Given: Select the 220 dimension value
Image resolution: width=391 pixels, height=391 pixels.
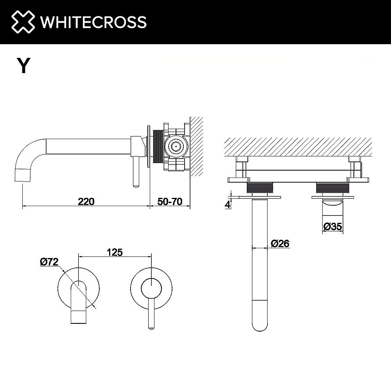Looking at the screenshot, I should tap(86, 201).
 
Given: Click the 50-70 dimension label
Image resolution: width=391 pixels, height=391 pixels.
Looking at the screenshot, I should tap(170, 201).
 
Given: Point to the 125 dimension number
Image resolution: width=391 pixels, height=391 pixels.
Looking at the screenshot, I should tap(115, 252).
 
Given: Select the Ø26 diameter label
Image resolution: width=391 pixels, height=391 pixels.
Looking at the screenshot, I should tap(280, 243).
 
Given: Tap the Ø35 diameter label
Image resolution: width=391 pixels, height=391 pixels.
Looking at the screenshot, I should tap(333, 226).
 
